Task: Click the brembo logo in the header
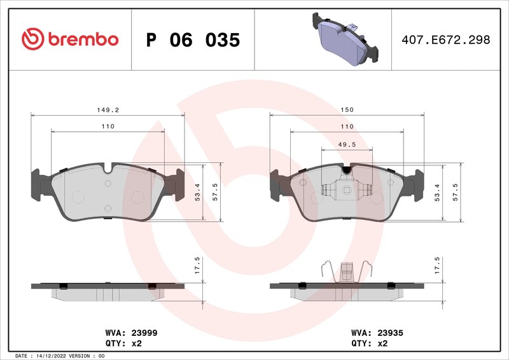pyautogui.click(x=70, y=39)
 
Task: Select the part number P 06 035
pyautogui.click(x=193, y=40)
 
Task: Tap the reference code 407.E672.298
pyautogui.click(x=446, y=39)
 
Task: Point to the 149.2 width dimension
pyautogui.click(x=108, y=110)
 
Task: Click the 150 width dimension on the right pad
pyautogui.click(x=347, y=110)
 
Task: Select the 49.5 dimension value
pyautogui.click(x=347, y=144)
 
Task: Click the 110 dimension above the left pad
pyautogui.click(x=108, y=127)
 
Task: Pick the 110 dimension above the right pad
pyautogui.click(x=347, y=127)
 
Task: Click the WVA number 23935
pyautogui.click(x=391, y=333)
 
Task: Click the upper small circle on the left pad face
pyautogui.click(x=108, y=184)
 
